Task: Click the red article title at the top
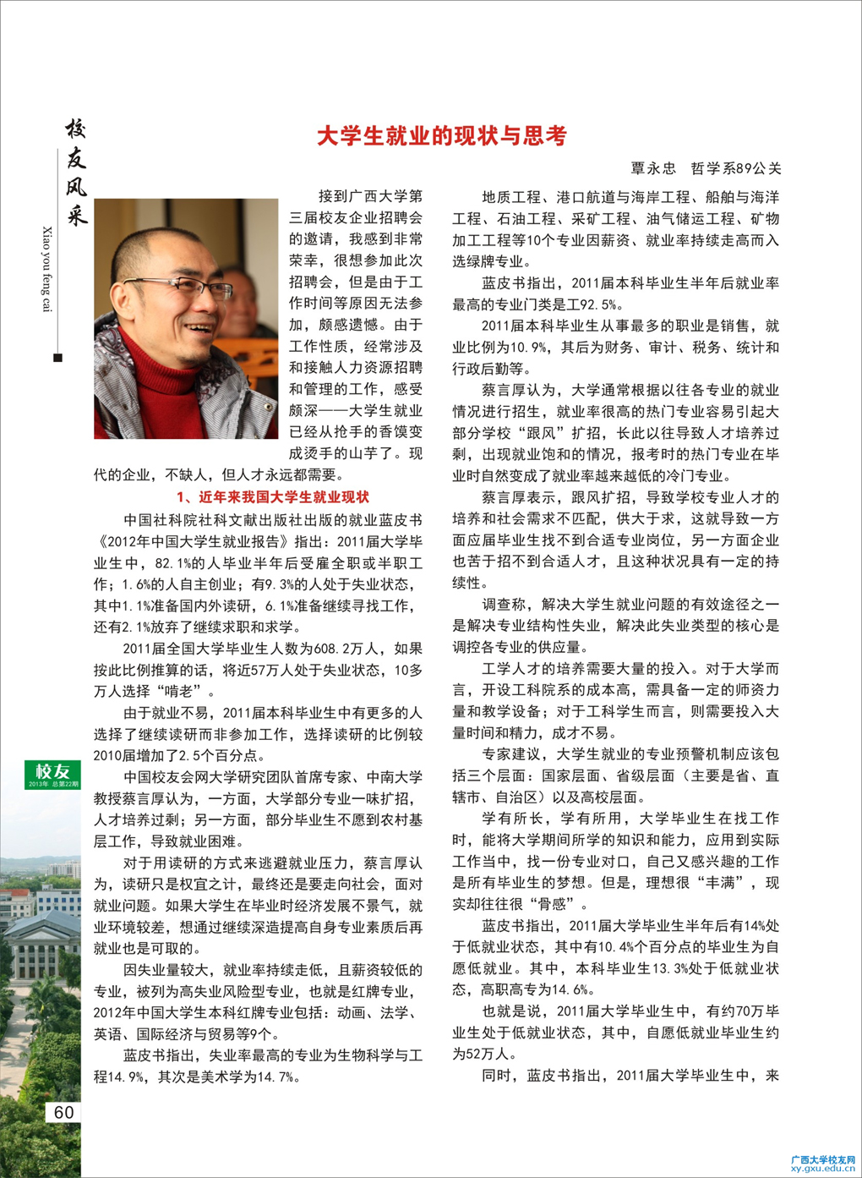pos(441,136)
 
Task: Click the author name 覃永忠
pos(653,168)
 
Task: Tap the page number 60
pos(64,1113)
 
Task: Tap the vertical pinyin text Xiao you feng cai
pos(47,269)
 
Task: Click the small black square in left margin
pos(57,358)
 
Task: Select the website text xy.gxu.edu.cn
pos(822,1168)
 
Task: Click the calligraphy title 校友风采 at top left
pos(76,173)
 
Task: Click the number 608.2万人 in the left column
pos(337,649)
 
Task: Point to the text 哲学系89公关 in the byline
pos(735,168)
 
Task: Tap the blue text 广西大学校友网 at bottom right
pos(822,1159)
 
